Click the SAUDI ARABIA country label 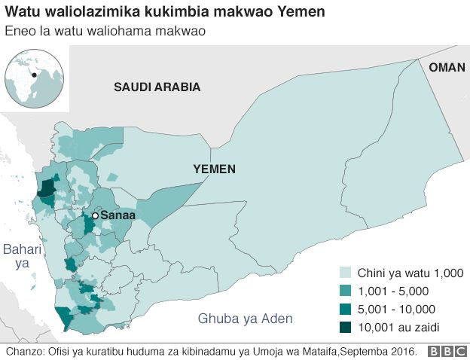pos(157,87)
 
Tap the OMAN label pos(447,68)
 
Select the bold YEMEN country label pos(213,169)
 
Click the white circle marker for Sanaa pos(95,215)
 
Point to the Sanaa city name pos(117,215)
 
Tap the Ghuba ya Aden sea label pos(245,319)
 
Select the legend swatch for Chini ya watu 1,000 pos(346,273)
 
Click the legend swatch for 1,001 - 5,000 pos(346,291)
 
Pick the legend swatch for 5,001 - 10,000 pos(346,309)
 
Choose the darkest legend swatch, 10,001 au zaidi pos(346,327)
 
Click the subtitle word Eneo pos(19,31)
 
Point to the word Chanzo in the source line pos(23,352)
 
